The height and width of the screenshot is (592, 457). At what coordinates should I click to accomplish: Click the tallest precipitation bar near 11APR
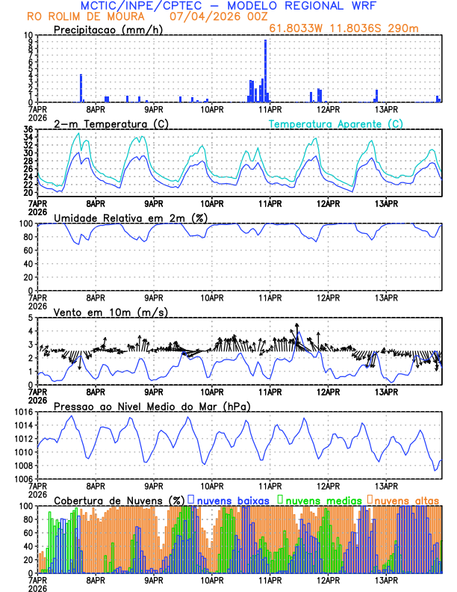265,71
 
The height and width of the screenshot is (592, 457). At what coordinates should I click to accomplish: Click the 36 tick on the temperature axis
28,129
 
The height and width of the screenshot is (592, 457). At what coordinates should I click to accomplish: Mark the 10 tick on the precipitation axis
28,35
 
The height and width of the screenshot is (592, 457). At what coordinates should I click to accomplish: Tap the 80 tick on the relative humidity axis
28,237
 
